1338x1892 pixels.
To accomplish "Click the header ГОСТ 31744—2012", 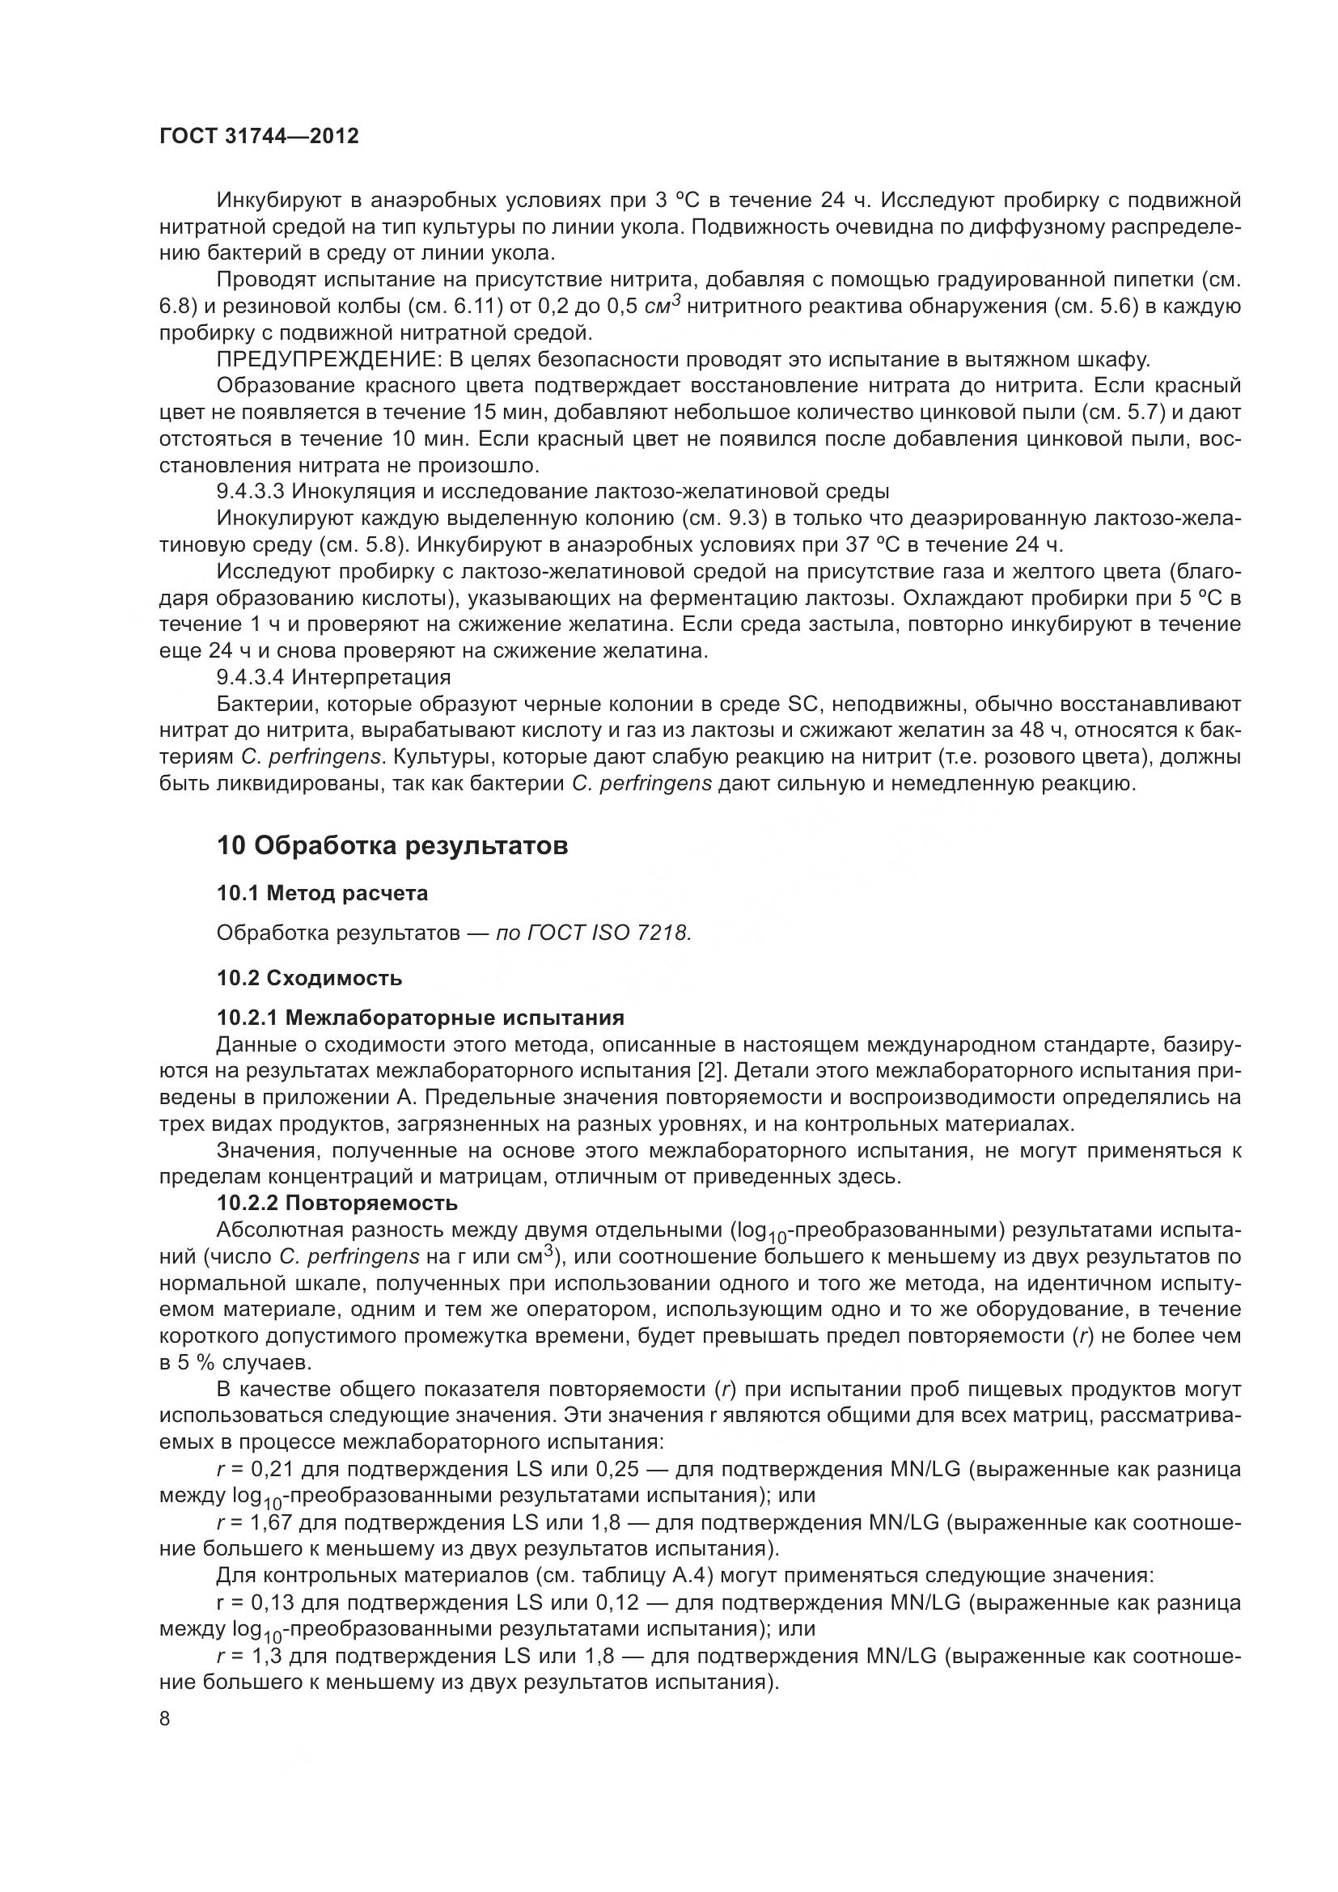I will (x=259, y=137).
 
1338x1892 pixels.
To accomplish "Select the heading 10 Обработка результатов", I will (x=392, y=846).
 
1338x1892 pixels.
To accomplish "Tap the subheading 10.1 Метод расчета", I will (x=322, y=893).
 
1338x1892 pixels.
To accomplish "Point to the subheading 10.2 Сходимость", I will (x=310, y=978).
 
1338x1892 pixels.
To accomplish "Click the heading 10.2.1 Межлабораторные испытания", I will (x=420, y=1018).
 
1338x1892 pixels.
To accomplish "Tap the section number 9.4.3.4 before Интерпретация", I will (x=251, y=678).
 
